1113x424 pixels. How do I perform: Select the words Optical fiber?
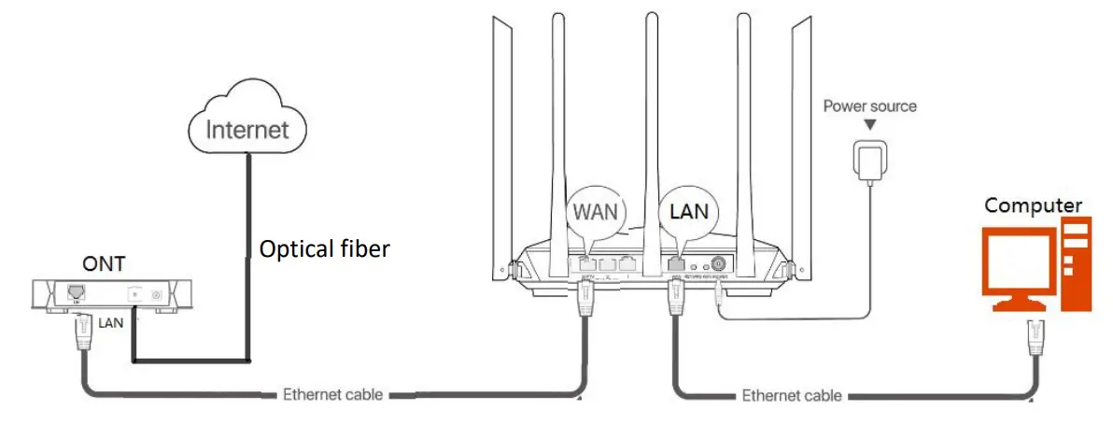pos(323,249)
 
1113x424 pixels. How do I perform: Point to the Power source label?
pos(869,106)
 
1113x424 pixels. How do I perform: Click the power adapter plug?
pos(869,160)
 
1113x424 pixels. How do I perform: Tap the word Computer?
pos(1033,205)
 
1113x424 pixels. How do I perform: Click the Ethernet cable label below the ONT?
pos(332,394)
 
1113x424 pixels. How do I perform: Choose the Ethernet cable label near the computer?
pos(792,395)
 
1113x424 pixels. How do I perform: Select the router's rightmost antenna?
pos(803,140)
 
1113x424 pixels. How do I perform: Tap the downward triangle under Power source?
pos(869,125)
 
